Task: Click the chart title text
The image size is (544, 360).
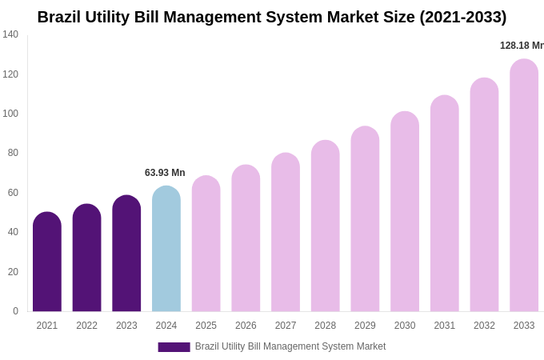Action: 272,17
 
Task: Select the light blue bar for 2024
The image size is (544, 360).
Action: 166,250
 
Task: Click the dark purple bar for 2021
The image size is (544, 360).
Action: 47,262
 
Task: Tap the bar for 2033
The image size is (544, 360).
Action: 524,186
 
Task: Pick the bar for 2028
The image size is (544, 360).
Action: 325,226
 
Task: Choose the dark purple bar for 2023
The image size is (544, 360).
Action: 126,254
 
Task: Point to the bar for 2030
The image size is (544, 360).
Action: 405,212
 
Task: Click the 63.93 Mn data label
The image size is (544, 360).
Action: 165,173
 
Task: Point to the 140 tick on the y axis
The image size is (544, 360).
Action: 10,34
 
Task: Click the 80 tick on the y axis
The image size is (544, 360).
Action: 13,153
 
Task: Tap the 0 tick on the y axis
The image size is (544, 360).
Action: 15,311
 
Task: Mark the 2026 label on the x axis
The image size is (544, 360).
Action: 246,326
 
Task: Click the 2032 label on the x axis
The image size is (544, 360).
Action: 484,326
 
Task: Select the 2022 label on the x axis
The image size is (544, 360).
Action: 86,326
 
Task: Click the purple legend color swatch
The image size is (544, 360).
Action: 174,347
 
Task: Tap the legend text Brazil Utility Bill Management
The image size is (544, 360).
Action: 290,346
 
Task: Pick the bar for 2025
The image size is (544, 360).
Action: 206,244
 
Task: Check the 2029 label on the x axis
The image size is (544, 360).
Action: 365,326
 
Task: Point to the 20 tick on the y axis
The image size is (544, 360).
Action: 13,272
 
